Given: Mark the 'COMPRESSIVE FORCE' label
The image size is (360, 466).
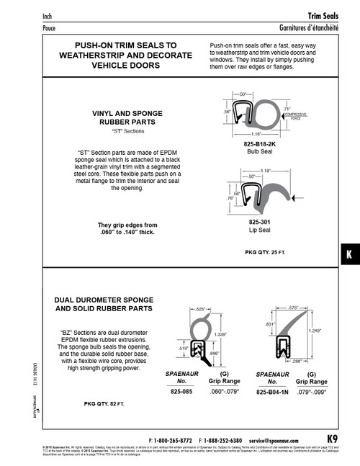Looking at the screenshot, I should pos(295,117).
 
